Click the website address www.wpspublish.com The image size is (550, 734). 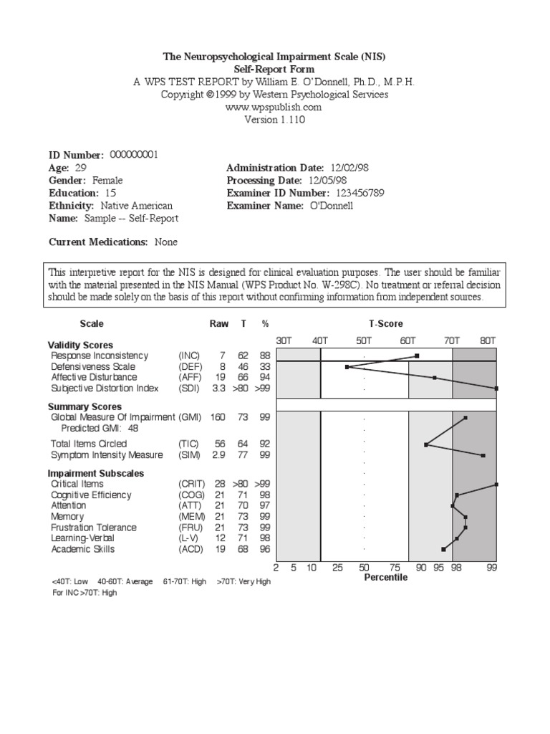coord(275,107)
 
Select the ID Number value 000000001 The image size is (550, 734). coord(135,154)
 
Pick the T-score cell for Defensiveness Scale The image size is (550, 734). coord(243,366)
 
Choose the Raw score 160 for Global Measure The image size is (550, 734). coord(218,416)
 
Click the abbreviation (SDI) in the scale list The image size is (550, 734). coord(189,388)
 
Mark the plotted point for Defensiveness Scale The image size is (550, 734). coord(347,366)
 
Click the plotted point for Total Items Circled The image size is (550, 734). coord(426,444)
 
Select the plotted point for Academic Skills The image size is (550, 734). coord(444,550)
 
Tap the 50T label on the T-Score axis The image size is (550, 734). coord(364,341)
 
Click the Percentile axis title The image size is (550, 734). coord(385,577)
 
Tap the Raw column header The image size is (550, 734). coord(218,324)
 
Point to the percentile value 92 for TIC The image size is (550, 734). coord(265,444)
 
